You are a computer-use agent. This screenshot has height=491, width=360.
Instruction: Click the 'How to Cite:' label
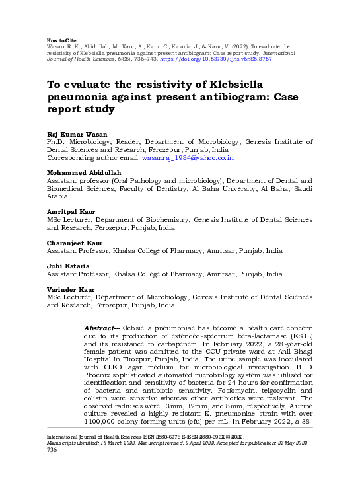[61, 40]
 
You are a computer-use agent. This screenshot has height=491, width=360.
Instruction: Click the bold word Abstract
[99, 328]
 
